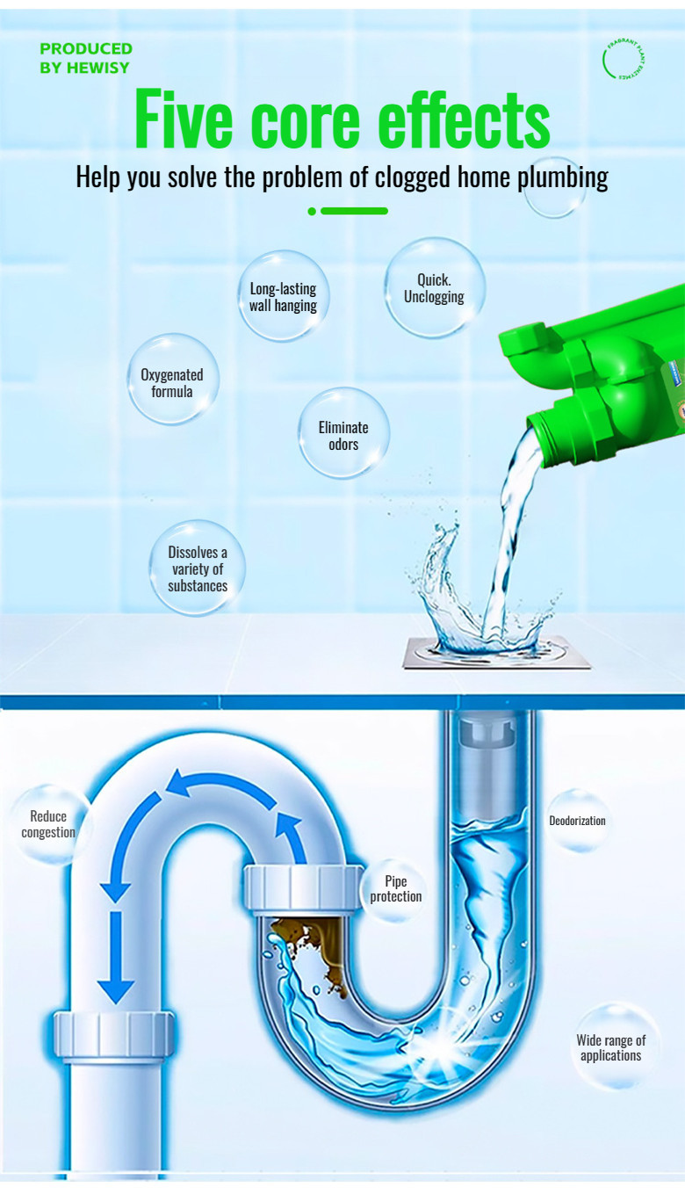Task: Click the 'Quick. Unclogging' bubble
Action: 434,288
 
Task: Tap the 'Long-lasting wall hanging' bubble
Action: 282,297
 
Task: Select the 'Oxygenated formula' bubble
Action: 172,382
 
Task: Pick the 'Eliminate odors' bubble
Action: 343,435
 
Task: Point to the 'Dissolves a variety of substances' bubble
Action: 197,568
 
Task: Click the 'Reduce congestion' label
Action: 48,824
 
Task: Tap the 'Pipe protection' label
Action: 395,888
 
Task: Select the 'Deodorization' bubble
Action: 577,821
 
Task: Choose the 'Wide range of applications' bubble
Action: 610,1047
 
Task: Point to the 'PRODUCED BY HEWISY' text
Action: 85,58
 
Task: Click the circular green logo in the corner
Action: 624,59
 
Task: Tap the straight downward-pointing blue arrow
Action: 115,958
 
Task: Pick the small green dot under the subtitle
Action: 312,211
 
